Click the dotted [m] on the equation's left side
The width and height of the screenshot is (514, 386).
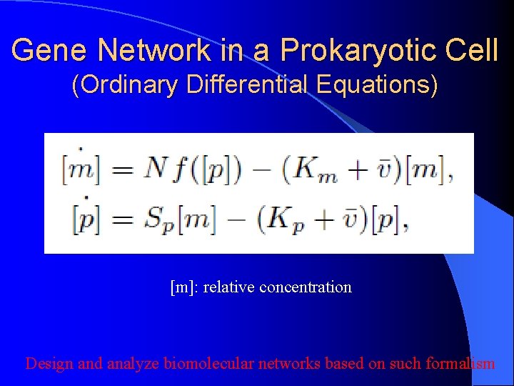81,169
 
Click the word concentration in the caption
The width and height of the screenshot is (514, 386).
306,287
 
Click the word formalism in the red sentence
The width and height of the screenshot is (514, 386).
460,364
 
